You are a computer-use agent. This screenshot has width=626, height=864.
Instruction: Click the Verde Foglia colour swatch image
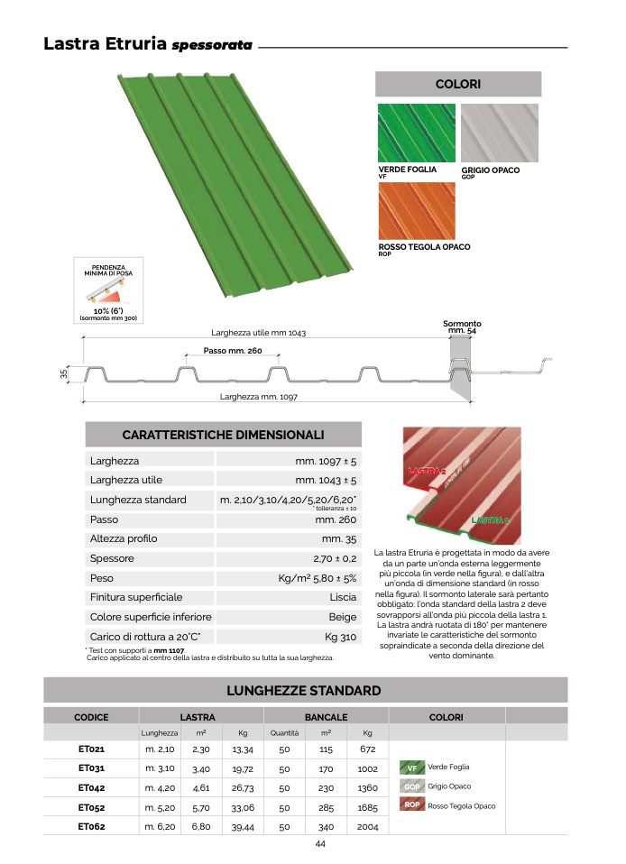[x=417, y=133]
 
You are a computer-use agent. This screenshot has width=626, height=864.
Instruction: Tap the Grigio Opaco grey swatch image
[x=499, y=133]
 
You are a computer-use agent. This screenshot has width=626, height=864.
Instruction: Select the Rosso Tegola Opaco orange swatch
[x=417, y=211]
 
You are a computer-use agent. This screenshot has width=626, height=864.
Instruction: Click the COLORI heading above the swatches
[x=458, y=84]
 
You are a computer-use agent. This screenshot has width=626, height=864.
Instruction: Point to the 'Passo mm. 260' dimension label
[x=233, y=351]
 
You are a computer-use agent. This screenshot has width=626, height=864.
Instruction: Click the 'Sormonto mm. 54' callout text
[x=462, y=326]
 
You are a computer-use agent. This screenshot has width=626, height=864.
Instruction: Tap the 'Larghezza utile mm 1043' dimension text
[x=259, y=333]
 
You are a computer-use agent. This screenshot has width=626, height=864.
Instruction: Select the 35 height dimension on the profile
[x=63, y=373]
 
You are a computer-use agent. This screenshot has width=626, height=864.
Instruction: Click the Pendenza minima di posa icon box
[x=108, y=290]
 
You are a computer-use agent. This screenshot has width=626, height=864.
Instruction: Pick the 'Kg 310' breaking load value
[x=341, y=637]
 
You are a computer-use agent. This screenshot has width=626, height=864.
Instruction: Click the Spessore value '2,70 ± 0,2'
[x=335, y=559]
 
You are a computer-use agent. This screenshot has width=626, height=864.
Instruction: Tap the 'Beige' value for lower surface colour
[x=343, y=617]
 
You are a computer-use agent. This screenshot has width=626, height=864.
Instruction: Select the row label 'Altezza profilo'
[x=124, y=539]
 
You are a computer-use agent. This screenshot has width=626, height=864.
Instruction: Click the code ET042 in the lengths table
[x=91, y=788]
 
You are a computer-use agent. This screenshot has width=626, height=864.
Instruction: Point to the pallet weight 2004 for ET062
[x=367, y=827]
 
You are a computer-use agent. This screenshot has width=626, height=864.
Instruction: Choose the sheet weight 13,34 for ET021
[x=243, y=749]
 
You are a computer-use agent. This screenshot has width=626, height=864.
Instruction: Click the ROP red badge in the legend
[x=412, y=804]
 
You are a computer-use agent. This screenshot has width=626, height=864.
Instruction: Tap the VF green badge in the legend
[x=412, y=767]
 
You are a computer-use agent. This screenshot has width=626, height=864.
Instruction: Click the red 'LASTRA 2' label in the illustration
[x=427, y=471]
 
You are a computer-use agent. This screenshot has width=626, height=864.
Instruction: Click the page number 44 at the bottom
[x=320, y=844]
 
